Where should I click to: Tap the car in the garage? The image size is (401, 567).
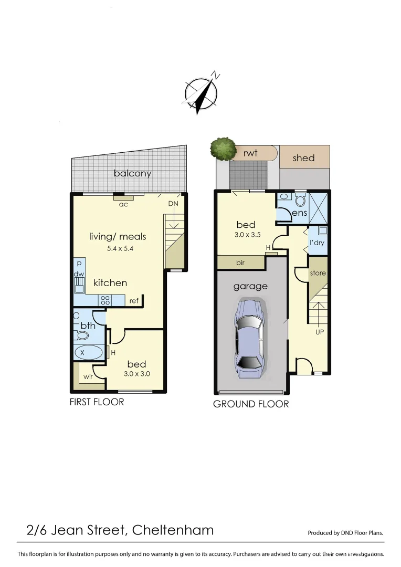[x=249, y=338]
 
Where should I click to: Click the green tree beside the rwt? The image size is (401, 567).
[x=223, y=148]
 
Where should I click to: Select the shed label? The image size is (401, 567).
[x=304, y=157]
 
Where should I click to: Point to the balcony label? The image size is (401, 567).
[x=132, y=173]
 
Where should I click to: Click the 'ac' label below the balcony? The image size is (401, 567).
[x=123, y=204]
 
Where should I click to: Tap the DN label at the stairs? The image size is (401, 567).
[x=173, y=204]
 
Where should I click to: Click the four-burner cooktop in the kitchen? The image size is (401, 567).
[x=104, y=300]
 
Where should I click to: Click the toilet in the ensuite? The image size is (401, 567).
[x=301, y=200]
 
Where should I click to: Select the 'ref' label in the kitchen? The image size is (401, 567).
[x=133, y=301]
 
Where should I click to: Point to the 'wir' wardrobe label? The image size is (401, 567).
[x=88, y=376]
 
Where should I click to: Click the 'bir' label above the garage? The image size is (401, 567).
[x=240, y=262]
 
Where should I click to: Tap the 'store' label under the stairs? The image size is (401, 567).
[x=318, y=273]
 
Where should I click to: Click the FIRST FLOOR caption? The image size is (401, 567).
[x=97, y=402]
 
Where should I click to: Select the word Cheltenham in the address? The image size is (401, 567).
[x=173, y=530]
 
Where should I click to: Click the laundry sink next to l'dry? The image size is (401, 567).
[x=322, y=230]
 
